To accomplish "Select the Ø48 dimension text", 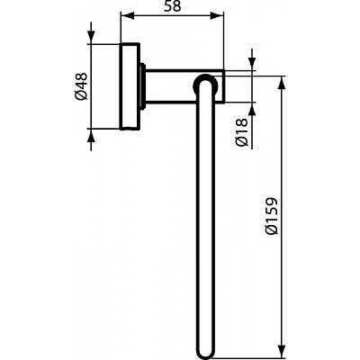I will click(x=80, y=87).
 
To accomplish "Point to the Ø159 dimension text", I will click(x=271, y=216).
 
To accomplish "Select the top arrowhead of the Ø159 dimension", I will click(x=283, y=77).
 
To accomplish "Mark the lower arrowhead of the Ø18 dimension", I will click(x=252, y=105).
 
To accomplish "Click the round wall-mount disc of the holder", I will click(x=130, y=87).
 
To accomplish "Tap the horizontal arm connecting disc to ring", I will click(x=171, y=87).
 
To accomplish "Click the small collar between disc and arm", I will click(x=143, y=87).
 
